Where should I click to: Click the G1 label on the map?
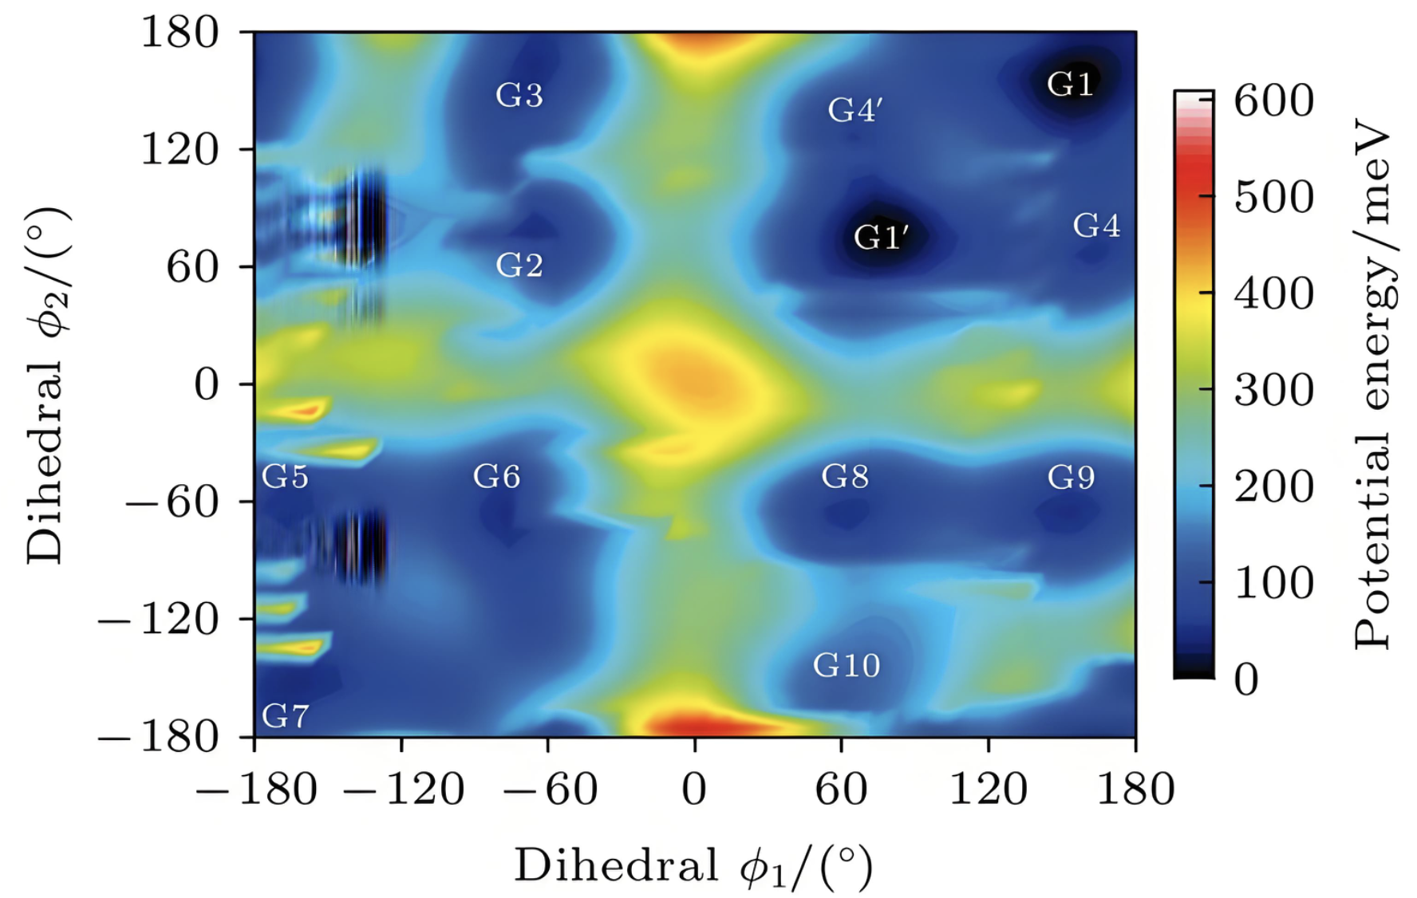click(1069, 84)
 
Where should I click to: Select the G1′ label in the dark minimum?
click(880, 237)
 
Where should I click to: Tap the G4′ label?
click(854, 110)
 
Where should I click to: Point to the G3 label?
click(519, 95)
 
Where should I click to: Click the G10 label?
click(846, 665)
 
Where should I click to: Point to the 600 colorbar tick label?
click(1273, 101)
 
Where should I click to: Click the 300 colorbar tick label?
click(1273, 391)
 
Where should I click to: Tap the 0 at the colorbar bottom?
click(1246, 680)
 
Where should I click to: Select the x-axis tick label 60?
click(842, 790)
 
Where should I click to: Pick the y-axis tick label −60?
click(172, 502)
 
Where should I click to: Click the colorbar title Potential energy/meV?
click(1373, 383)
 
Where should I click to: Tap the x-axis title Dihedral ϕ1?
click(693, 867)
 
